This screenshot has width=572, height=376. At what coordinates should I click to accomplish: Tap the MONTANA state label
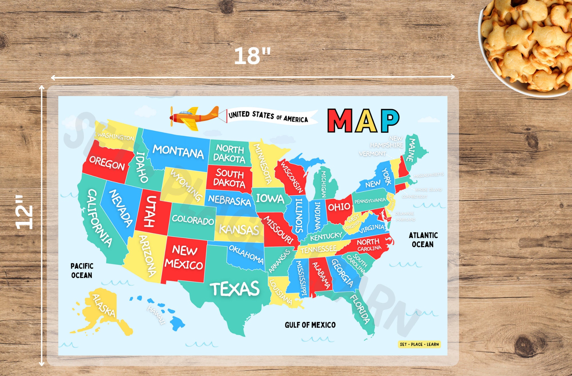click(x=178, y=152)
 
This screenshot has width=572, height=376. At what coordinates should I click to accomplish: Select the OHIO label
click(x=339, y=207)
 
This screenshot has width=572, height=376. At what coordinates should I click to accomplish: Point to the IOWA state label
click(x=270, y=198)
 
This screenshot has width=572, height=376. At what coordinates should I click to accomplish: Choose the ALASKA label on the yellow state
click(x=104, y=306)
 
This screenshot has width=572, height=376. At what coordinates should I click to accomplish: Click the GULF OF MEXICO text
click(x=310, y=325)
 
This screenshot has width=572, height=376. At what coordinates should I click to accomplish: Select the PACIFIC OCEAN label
click(x=82, y=270)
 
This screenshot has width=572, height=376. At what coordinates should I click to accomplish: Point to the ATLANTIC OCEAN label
click(x=423, y=240)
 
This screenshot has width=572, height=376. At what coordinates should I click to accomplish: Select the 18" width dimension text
click(x=252, y=56)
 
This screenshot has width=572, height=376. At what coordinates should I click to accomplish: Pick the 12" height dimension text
click(x=24, y=212)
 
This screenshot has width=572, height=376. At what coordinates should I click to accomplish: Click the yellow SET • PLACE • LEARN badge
click(x=419, y=344)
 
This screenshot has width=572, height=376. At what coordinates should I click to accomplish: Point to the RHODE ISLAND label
click(x=428, y=190)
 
